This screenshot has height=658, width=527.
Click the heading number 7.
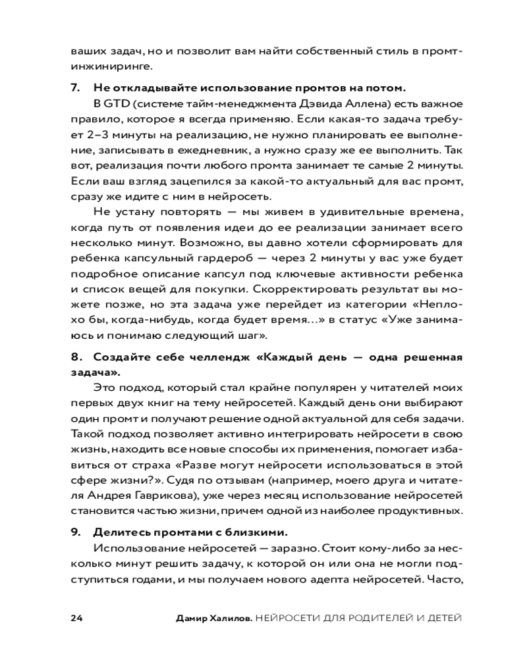pos(74,88)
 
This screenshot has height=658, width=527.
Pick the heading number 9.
pos(74,532)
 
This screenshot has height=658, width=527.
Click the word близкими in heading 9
pos(254,532)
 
